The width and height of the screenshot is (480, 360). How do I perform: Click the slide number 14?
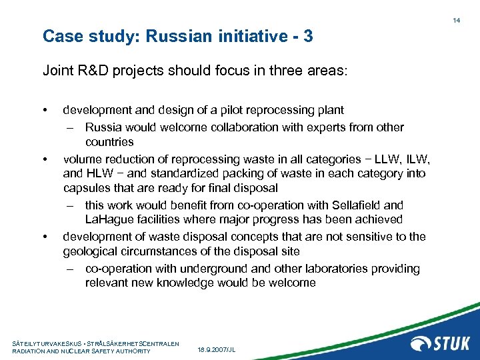[x=457, y=21]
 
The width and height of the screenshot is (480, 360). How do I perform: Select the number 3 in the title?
[x=308, y=36]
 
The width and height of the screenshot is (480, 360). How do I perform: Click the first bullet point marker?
[x=45, y=109]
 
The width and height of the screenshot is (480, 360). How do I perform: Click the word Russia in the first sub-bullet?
[x=103, y=127]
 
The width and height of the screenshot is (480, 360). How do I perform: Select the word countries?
[x=109, y=142]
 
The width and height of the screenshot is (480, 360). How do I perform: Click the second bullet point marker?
[x=45, y=159]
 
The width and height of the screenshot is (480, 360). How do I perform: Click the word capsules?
[x=87, y=189]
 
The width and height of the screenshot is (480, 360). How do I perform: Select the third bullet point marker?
[x=45, y=237]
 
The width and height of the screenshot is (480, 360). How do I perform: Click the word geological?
[x=92, y=251]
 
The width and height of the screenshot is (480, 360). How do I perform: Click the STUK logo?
[x=440, y=344]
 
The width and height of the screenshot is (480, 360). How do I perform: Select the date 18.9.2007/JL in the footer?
[x=217, y=350]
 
